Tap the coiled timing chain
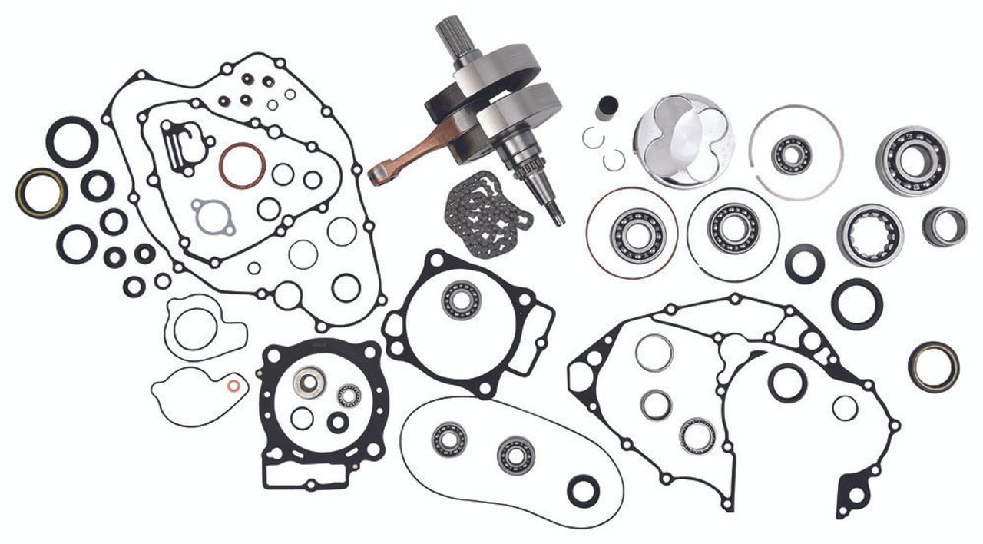click(488, 208)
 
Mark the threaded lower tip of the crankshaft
click(554, 212)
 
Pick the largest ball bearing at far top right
click(912, 161)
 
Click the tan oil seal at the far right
click(933, 366)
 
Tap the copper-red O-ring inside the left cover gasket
click(242, 166)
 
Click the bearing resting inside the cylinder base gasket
click(461, 300)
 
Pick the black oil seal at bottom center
click(583, 489)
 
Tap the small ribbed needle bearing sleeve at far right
click(945, 227)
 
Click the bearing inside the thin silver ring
click(791, 154)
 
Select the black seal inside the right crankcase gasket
click(788, 383)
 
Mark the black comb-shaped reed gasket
click(178, 141)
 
